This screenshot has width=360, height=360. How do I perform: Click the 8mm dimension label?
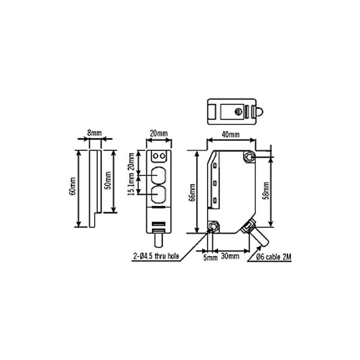point(94,133)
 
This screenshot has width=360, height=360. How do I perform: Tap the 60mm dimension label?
point(73,189)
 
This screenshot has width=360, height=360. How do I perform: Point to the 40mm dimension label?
point(231,134)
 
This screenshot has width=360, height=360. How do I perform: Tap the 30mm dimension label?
point(230,257)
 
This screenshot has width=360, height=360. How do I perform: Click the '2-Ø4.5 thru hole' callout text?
point(156,256)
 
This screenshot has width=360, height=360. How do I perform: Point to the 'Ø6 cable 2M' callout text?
point(271,257)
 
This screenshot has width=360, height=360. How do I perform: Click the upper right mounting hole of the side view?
point(249,157)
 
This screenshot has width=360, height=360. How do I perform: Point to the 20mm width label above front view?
point(158,133)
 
